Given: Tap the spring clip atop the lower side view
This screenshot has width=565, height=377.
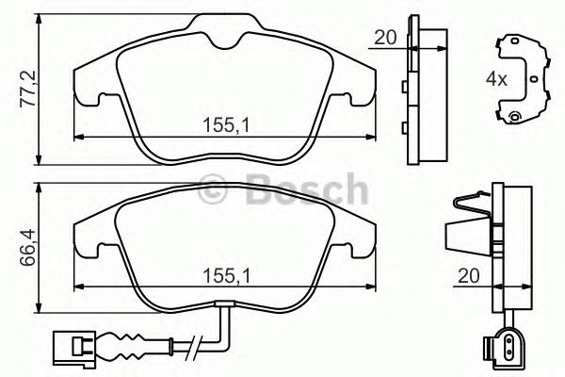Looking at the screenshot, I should (x=471, y=207).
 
